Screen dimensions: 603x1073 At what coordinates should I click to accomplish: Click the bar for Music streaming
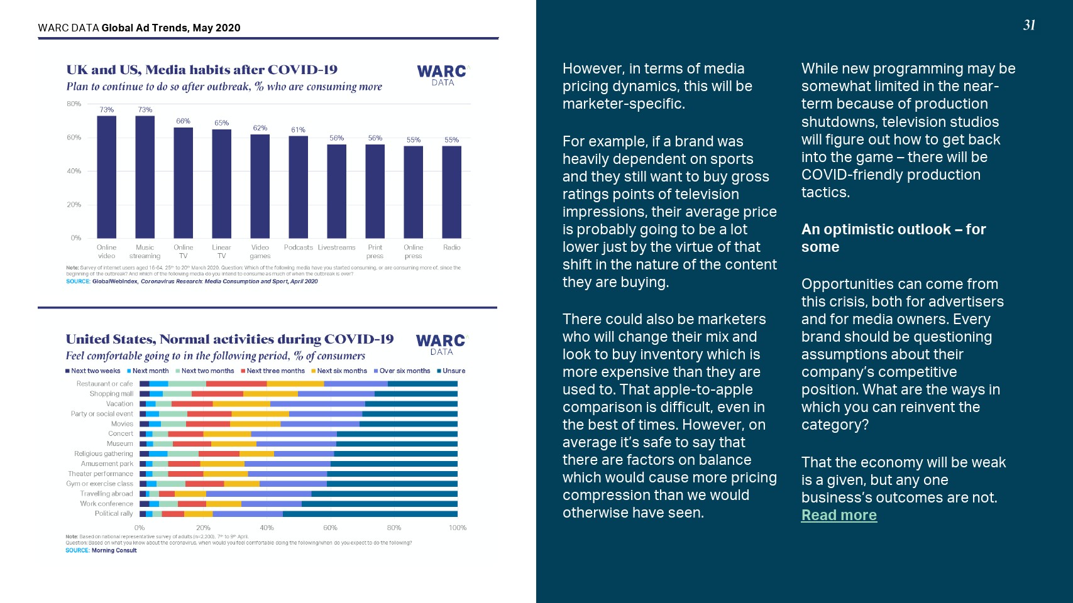pos(145,177)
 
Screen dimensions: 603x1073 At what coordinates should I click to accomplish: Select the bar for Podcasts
pos(298,187)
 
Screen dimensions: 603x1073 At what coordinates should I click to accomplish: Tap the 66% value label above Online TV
pos(183,121)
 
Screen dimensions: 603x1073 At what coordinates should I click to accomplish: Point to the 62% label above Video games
pos(260,128)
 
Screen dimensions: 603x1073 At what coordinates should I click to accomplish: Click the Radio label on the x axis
pos(451,247)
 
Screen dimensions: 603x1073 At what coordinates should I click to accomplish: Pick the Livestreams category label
pos(336,247)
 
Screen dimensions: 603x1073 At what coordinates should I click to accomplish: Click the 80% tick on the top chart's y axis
pos(74,104)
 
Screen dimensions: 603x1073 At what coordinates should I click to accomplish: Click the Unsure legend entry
pos(451,371)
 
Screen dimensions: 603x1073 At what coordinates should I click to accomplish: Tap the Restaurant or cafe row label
pos(104,384)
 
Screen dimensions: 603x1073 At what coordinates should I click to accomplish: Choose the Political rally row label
pos(114,514)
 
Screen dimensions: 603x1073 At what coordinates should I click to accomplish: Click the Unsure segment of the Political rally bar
pos(370,514)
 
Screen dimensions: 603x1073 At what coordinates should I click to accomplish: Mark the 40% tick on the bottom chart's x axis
pos(267,528)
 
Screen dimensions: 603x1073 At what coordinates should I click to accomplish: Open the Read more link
pos(839,515)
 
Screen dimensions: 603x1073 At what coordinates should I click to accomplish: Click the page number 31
pos(1029,25)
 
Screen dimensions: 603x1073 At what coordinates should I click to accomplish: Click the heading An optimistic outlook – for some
pos(893,238)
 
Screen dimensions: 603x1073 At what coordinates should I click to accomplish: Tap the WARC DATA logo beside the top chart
pos(443,75)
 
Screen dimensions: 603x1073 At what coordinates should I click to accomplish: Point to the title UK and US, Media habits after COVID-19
pos(202,70)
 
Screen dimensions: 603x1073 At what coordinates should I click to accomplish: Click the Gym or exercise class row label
pos(100,484)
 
